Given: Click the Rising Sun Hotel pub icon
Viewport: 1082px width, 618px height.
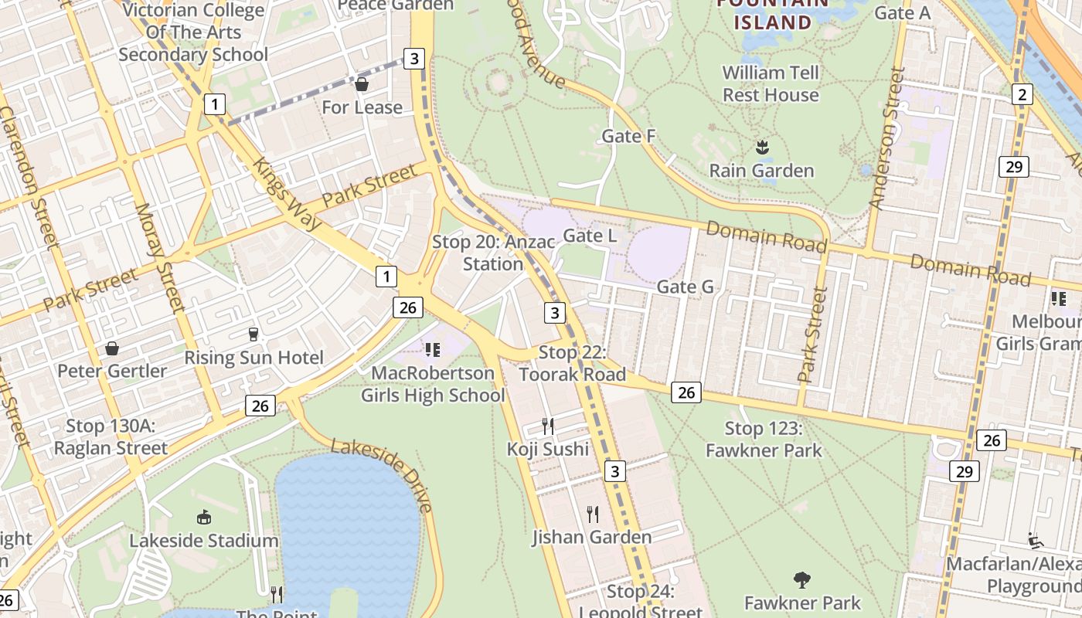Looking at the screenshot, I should [253, 334].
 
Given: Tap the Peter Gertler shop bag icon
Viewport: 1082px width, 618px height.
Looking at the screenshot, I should [112, 348].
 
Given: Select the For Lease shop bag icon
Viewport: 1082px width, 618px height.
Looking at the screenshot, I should [361, 84].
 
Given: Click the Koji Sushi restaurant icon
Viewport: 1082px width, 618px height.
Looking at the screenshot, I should [548, 426].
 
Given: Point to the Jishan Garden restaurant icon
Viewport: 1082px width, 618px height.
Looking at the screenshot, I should [593, 514].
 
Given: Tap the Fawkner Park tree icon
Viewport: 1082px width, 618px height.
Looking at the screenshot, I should [802, 579].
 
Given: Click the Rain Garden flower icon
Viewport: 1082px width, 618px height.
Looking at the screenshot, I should [762, 147].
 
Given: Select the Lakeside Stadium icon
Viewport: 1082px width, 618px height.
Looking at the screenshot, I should [204, 517].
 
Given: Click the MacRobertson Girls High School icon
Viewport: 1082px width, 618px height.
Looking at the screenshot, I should [433, 350].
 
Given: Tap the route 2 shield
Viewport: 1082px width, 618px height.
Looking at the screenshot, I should [1022, 94].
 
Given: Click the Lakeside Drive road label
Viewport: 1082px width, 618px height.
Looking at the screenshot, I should [381, 474].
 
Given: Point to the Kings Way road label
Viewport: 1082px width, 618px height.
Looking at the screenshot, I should [287, 194].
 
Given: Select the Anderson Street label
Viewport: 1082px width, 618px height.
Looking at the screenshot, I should [886, 138].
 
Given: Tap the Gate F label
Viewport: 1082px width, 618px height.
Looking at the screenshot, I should [628, 137].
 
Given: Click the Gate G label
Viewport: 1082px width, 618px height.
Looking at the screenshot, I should [685, 287].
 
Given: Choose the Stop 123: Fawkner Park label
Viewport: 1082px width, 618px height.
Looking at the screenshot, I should [764, 439].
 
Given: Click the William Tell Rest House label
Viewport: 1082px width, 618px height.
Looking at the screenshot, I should [771, 83].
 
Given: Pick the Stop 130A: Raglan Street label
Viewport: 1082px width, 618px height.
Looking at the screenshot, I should [111, 436].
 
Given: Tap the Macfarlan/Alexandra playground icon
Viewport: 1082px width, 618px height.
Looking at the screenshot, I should [1036, 541].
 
